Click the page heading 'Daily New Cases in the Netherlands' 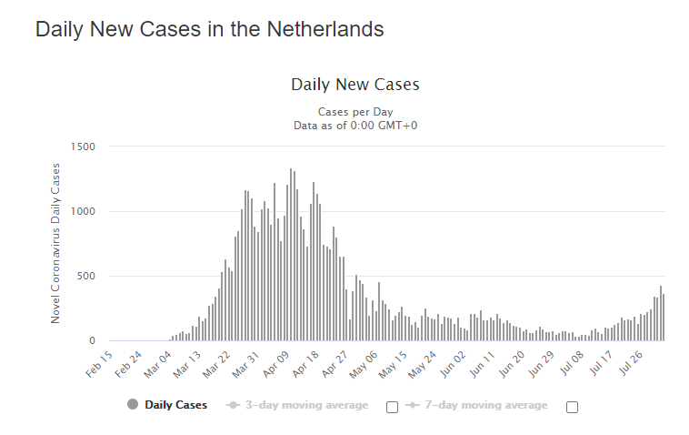pos(209,29)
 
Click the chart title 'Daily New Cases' pos(354,85)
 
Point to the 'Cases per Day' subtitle pos(354,112)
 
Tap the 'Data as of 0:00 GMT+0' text pos(354,126)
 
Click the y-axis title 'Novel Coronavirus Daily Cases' pos(55,243)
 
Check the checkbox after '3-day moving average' pos(392,407)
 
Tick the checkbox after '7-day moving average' pos(572,407)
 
